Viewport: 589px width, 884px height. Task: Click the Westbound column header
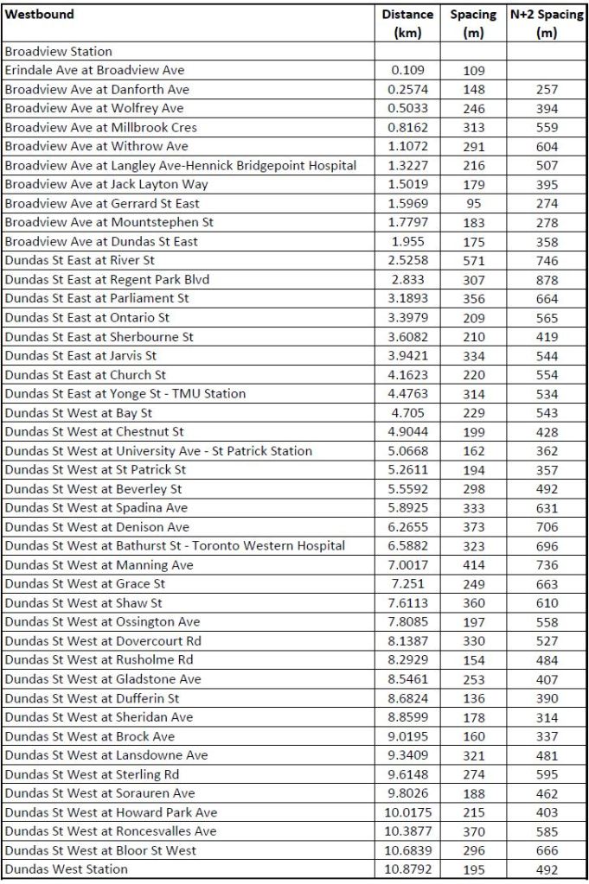[x=40, y=15]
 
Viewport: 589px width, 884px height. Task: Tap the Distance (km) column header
[x=407, y=23]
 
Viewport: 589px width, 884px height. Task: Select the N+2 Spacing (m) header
[x=547, y=23]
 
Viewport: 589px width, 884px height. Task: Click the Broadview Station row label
[x=59, y=52]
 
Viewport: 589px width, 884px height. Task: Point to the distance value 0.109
[x=407, y=71]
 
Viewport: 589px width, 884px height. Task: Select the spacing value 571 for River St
[x=473, y=260]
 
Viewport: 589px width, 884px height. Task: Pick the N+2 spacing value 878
[x=547, y=280]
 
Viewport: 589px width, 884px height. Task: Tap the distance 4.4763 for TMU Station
[x=407, y=394]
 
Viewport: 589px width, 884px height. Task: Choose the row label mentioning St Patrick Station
[x=158, y=451]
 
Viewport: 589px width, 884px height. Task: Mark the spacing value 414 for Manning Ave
[x=473, y=565]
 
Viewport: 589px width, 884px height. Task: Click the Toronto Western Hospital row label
[x=175, y=546]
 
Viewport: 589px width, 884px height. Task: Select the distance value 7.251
[x=407, y=584]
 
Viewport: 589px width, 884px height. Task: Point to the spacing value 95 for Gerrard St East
[x=473, y=204]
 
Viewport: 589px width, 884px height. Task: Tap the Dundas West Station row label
[x=66, y=869]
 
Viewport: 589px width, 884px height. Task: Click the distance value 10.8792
[x=407, y=869]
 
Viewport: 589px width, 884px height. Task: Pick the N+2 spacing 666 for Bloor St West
[x=547, y=850]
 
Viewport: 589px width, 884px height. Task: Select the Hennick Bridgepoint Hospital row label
[x=180, y=165]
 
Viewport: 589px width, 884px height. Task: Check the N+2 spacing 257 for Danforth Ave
[x=547, y=90]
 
